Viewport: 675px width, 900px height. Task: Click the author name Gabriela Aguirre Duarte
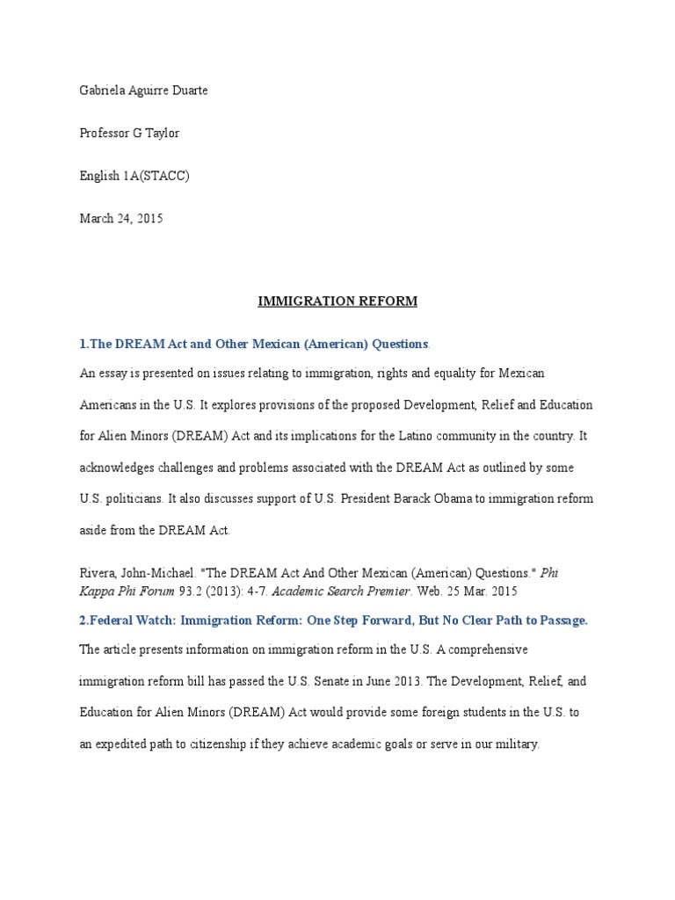144,91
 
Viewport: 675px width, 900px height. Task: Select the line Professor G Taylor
129,133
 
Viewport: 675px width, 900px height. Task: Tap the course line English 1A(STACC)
134,176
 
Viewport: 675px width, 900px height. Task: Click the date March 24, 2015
121,219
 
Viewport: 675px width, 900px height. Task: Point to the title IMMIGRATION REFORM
337,301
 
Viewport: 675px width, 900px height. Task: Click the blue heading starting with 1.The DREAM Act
254,344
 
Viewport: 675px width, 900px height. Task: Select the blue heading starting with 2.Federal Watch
334,621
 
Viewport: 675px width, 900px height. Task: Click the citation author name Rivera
98,572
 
